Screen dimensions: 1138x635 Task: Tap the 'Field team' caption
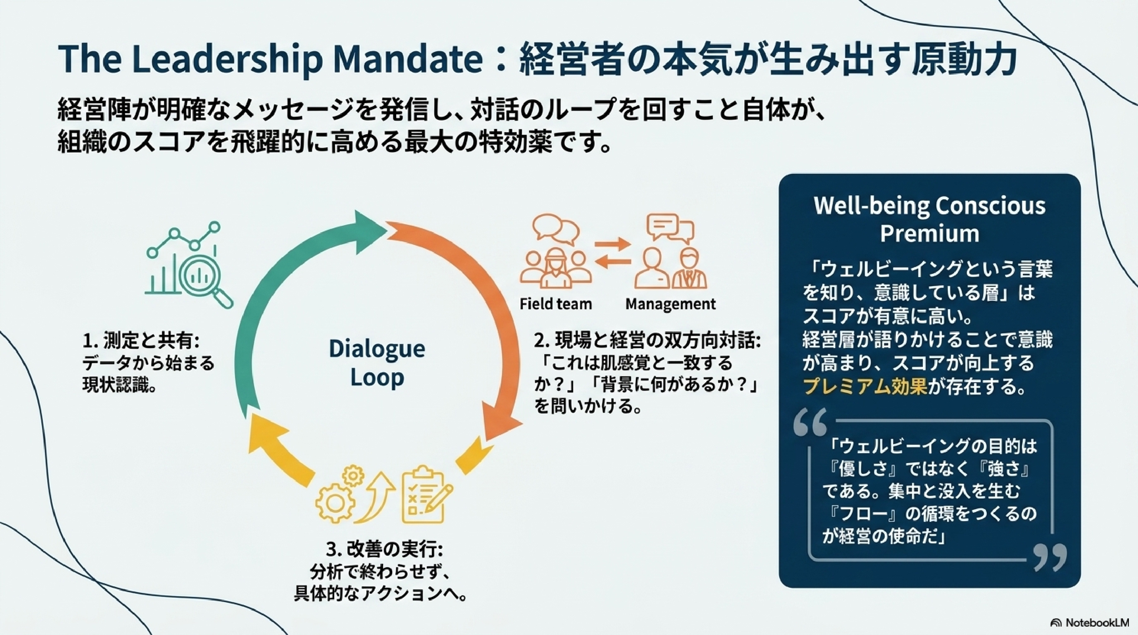coord(556,304)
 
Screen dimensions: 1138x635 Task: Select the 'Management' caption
coord(670,304)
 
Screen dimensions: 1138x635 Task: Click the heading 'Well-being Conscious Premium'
coord(930,219)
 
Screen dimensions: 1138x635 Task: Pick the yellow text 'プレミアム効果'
coord(865,387)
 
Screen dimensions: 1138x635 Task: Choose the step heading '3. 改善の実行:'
coord(384,550)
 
